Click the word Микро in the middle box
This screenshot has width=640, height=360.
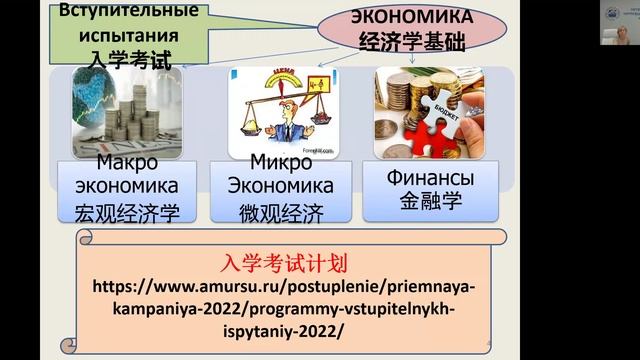click(281, 162)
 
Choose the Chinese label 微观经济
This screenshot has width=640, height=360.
click(281, 211)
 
